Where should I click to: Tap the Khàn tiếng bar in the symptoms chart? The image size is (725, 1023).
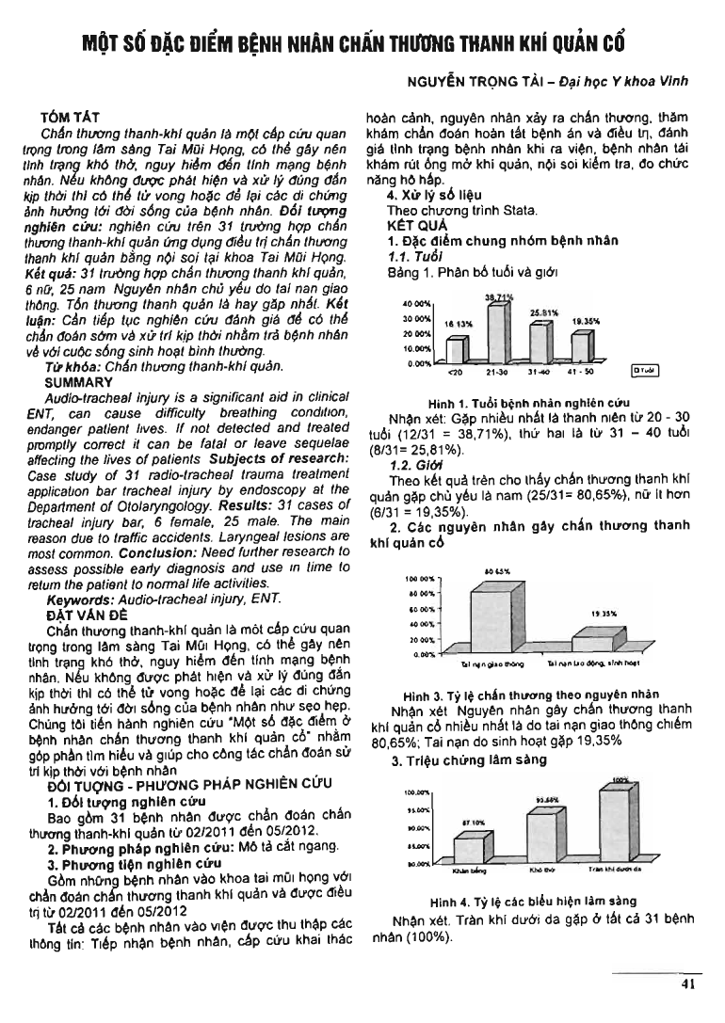pos(468,847)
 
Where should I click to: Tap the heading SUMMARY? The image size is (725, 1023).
pos(79,383)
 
